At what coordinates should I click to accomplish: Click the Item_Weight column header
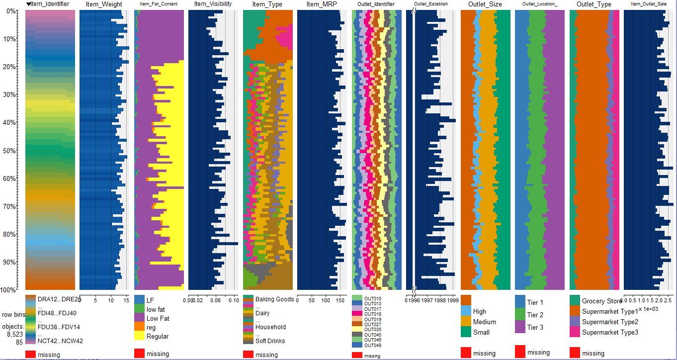100,4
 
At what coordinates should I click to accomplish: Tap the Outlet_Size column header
485,4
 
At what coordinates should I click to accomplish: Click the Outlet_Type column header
593,4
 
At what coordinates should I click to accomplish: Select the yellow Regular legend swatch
139,337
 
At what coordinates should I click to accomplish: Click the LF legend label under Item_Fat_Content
150,300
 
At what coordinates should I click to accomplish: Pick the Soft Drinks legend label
270,341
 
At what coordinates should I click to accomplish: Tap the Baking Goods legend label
274,299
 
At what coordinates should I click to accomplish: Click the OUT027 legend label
372,324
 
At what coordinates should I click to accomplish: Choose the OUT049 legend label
372,345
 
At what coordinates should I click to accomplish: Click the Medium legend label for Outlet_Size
484,322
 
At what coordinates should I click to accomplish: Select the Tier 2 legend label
535,315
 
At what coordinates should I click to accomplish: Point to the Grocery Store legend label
601,301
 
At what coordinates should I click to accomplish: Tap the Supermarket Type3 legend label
609,332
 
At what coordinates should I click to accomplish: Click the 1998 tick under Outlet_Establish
440,301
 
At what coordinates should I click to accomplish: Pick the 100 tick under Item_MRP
326,300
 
